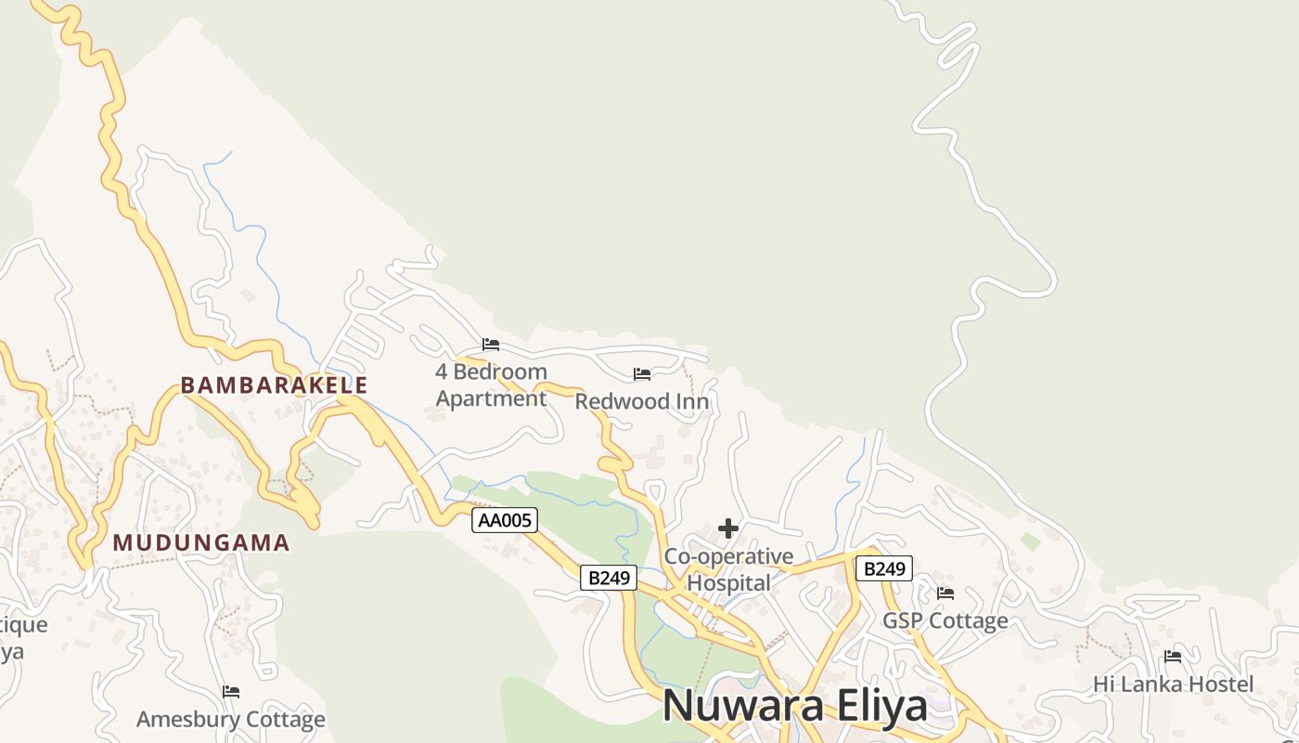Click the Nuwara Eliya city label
(794, 706)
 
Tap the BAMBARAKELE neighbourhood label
(274, 385)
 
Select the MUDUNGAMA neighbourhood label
(201, 542)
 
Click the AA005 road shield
(505, 520)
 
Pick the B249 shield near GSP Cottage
(883, 568)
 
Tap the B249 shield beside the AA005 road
(609, 578)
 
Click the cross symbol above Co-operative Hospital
(728, 528)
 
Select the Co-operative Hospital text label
(729, 569)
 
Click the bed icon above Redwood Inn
(642, 374)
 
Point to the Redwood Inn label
(642, 401)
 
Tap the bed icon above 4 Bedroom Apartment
(491, 345)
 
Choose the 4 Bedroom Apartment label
(491, 385)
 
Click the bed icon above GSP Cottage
(945, 593)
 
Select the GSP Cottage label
(945, 620)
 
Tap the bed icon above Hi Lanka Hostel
(1173, 657)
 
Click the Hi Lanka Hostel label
(1173, 684)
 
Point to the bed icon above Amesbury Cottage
(231, 692)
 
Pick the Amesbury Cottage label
(231, 719)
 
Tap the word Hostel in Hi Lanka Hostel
(1217, 684)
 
